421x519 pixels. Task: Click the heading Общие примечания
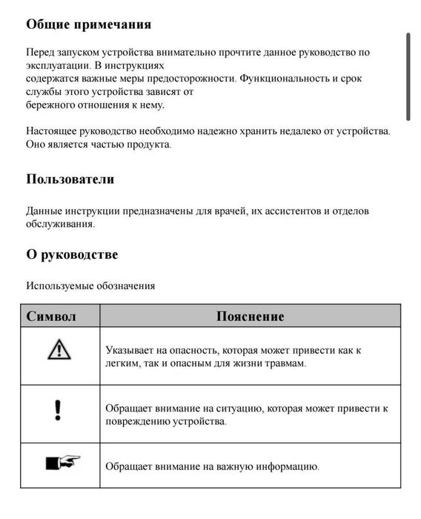(88, 24)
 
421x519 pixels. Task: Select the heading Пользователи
(70, 179)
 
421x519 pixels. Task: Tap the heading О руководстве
(72, 254)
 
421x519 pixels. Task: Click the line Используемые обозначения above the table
(90, 285)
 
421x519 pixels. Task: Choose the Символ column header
(51, 316)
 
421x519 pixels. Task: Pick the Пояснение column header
(250, 316)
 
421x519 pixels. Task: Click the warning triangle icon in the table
(59, 348)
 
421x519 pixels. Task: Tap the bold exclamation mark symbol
(59, 410)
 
